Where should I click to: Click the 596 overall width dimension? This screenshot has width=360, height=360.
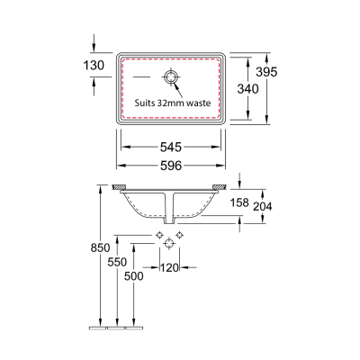(x=172, y=165)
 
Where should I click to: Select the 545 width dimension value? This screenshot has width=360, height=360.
(x=172, y=146)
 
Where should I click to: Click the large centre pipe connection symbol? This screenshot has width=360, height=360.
(x=168, y=244)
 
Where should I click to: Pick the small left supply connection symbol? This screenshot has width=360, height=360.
(x=158, y=235)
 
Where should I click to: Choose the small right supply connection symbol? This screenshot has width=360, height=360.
(x=180, y=235)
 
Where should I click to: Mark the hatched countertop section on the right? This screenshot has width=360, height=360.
(x=219, y=189)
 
